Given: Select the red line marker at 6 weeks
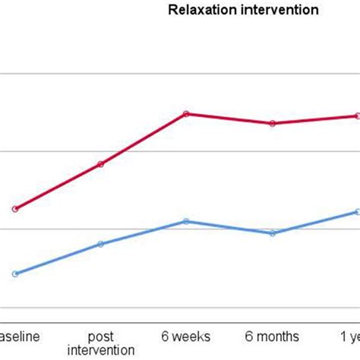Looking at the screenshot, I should click(186, 114).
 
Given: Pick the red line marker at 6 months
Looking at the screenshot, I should click(272, 123).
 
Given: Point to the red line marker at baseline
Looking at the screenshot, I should click(14, 209).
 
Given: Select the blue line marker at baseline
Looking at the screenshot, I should click(14, 273).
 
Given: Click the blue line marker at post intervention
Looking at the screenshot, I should click(100, 244).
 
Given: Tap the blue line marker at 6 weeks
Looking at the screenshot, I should click(186, 221).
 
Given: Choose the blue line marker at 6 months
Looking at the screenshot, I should click(272, 233).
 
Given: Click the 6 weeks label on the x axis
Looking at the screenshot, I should click(186, 336).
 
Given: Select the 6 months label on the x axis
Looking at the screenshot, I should click(272, 336).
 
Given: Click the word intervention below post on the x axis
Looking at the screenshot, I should click(100, 350).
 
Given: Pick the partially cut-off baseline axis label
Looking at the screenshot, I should click(17, 336).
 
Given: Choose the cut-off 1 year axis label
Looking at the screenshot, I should click(349, 336).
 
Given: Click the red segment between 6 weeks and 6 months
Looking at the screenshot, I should click(229, 118).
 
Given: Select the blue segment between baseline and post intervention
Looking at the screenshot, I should click(57, 259).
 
